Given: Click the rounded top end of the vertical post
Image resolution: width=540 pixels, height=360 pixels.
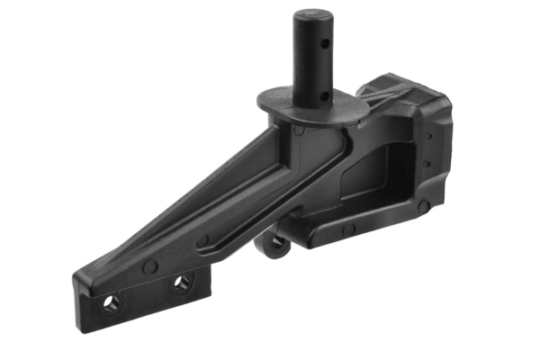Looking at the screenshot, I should [311, 16].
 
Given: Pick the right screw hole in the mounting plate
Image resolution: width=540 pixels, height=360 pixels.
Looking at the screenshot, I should [183, 283].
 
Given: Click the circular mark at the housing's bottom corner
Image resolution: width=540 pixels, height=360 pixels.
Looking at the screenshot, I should [421, 206].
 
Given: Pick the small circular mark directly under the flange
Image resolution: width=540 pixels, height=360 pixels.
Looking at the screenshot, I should [298, 130].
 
